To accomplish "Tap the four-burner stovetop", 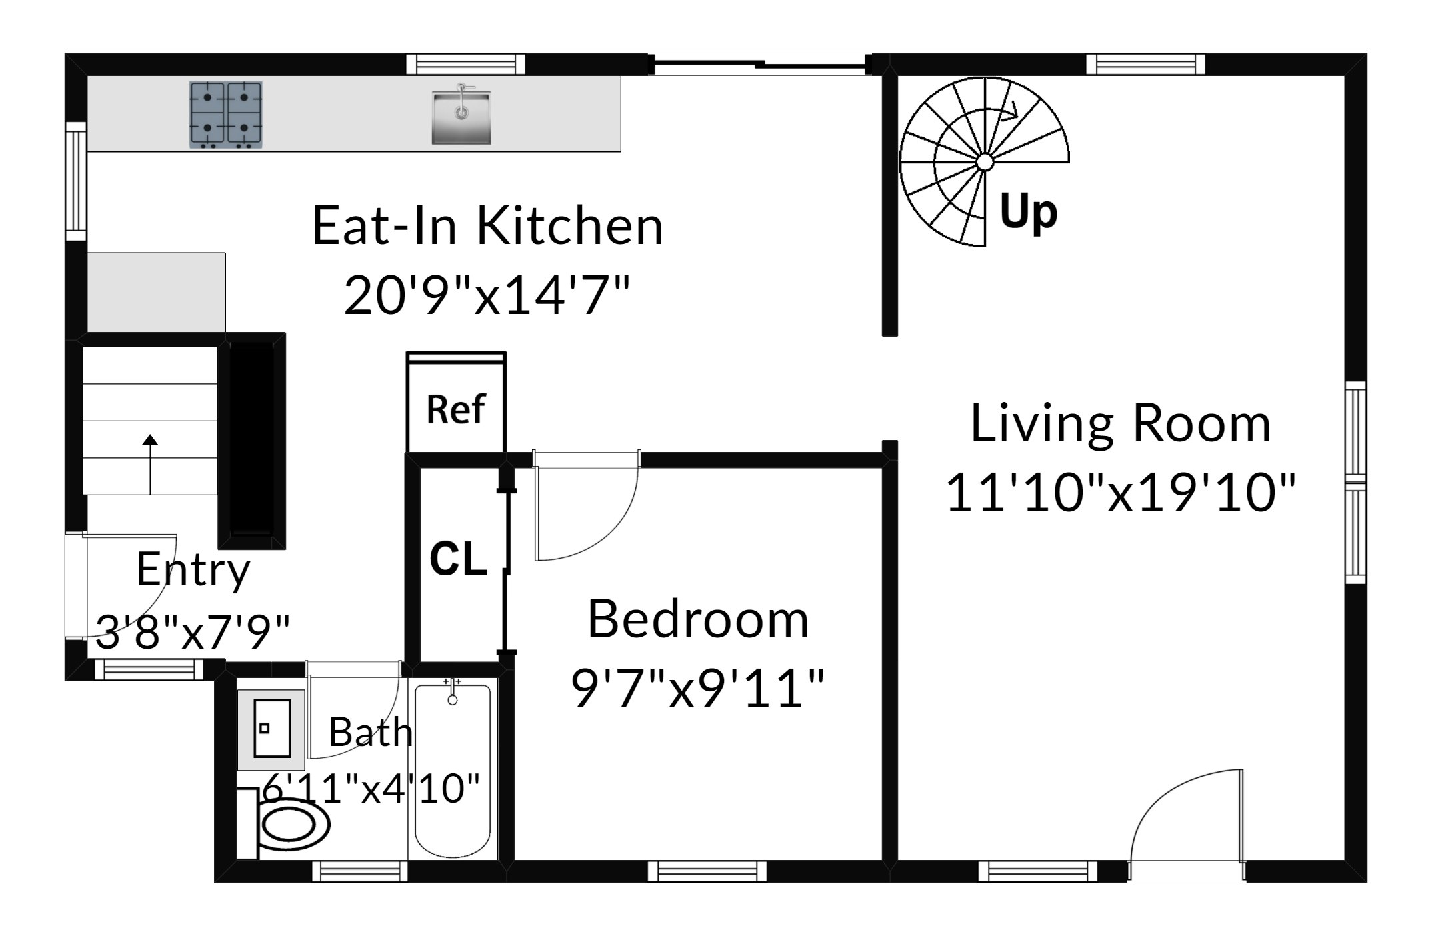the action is [x=226, y=115].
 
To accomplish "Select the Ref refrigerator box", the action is [x=456, y=403].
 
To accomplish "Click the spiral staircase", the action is [x=984, y=162].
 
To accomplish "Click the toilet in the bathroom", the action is [x=284, y=824].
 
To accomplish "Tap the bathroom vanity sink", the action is [x=271, y=729].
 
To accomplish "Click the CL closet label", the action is [x=458, y=558].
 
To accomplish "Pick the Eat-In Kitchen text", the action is [x=487, y=226].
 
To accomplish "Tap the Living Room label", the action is [x=1120, y=423].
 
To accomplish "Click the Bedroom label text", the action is [x=698, y=619].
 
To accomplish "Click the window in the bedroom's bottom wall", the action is [x=707, y=871].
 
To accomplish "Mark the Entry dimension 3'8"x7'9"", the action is [x=193, y=631].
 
